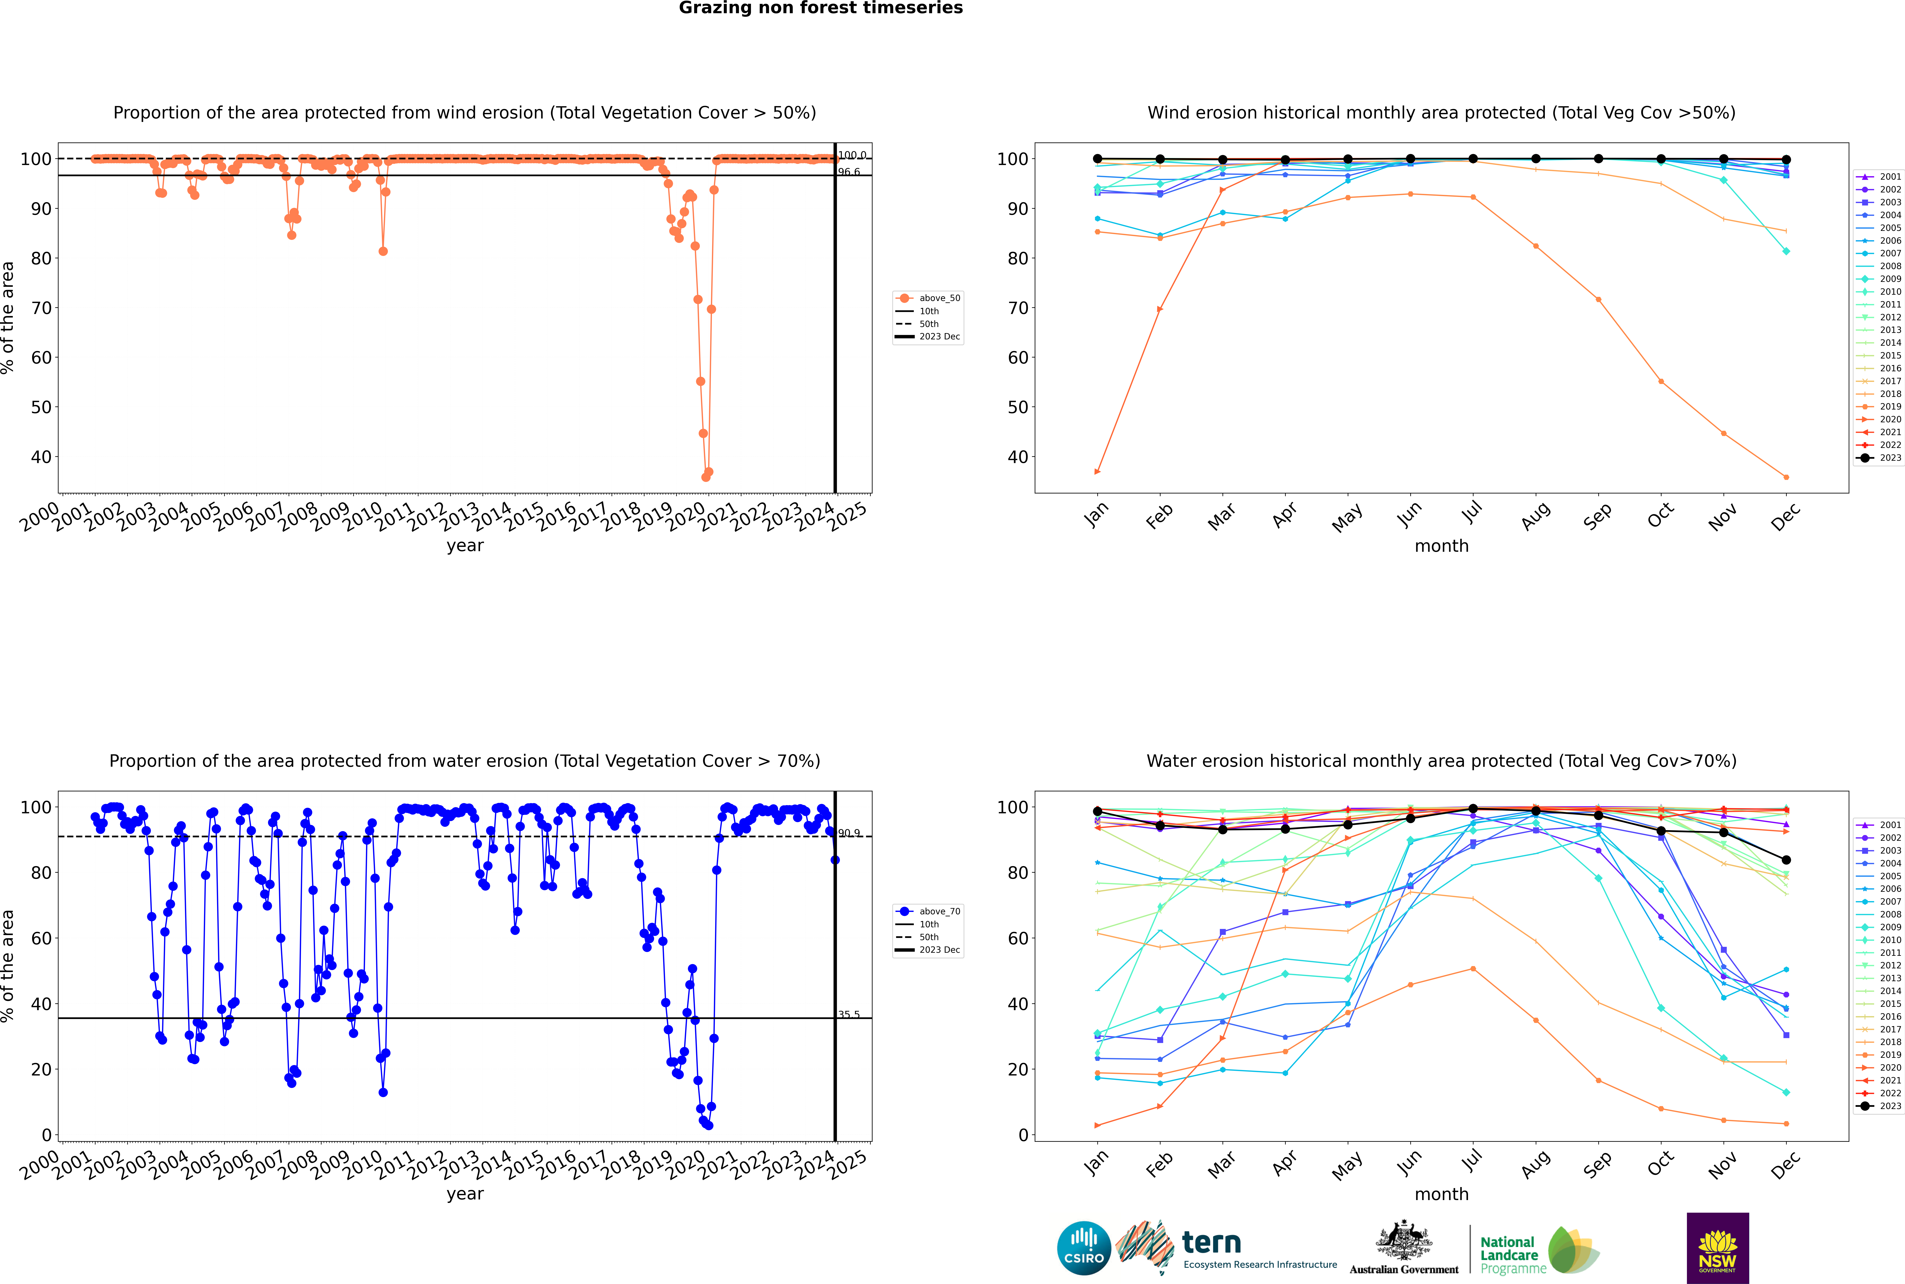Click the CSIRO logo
click(1083, 1248)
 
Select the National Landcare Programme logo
click(1538, 1250)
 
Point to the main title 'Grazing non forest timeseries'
click(821, 8)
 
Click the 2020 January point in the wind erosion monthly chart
click(1098, 472)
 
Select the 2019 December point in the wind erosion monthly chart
click(1786, 477)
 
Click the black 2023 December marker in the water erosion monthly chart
click(1786, 860)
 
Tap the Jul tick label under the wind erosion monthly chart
click(1472, 513)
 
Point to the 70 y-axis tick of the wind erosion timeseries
click(41, 308)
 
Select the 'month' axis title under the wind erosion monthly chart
click(1441, 546)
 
